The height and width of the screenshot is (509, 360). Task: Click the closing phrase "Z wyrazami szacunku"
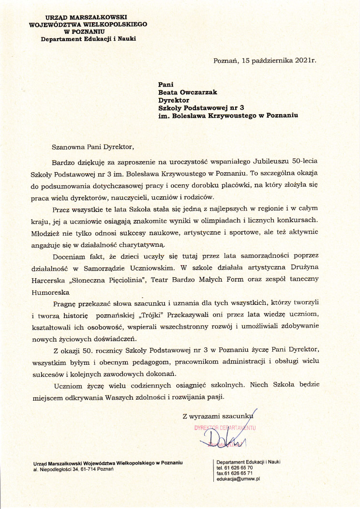point(217,415)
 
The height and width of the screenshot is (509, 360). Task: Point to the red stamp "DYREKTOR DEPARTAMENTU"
point(225,428)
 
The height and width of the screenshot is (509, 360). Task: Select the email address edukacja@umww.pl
point(239,479)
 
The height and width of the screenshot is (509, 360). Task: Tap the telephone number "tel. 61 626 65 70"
point(235,467)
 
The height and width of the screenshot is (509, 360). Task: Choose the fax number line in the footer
point(235,473)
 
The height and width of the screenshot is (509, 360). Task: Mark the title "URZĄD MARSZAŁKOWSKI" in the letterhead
point(89,17)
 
